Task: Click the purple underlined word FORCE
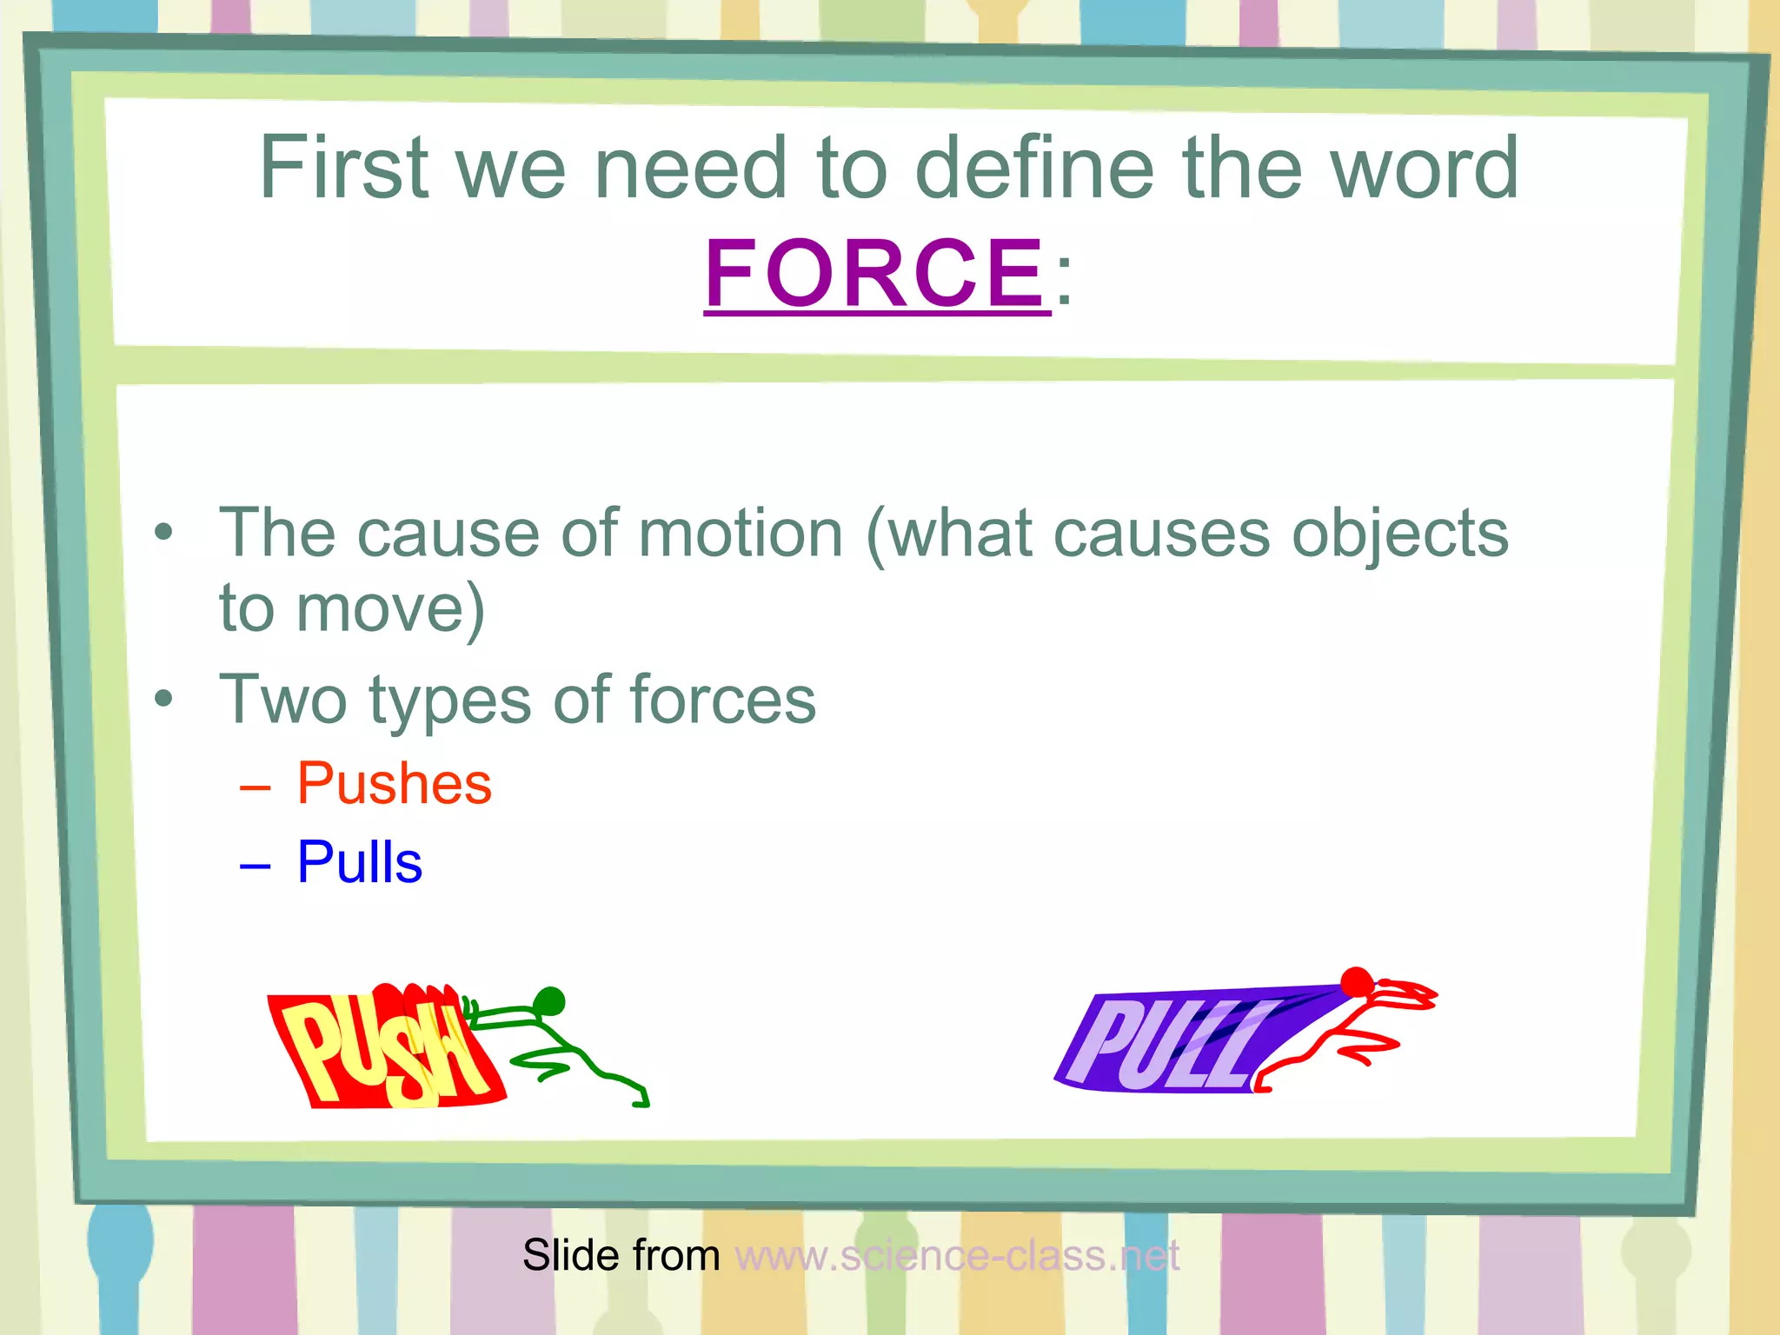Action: (876, 274)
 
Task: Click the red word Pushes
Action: (394, 784)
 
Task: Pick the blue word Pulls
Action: (359, 863)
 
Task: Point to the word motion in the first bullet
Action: (741, 534)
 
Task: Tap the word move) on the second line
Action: (390, 608)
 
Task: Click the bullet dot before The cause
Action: (163, 531)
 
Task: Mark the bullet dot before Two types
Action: (163, 698)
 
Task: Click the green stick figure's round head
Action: (549, 1000)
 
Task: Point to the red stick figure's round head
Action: (1356, 983)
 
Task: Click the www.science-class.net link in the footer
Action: (956, 1256)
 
